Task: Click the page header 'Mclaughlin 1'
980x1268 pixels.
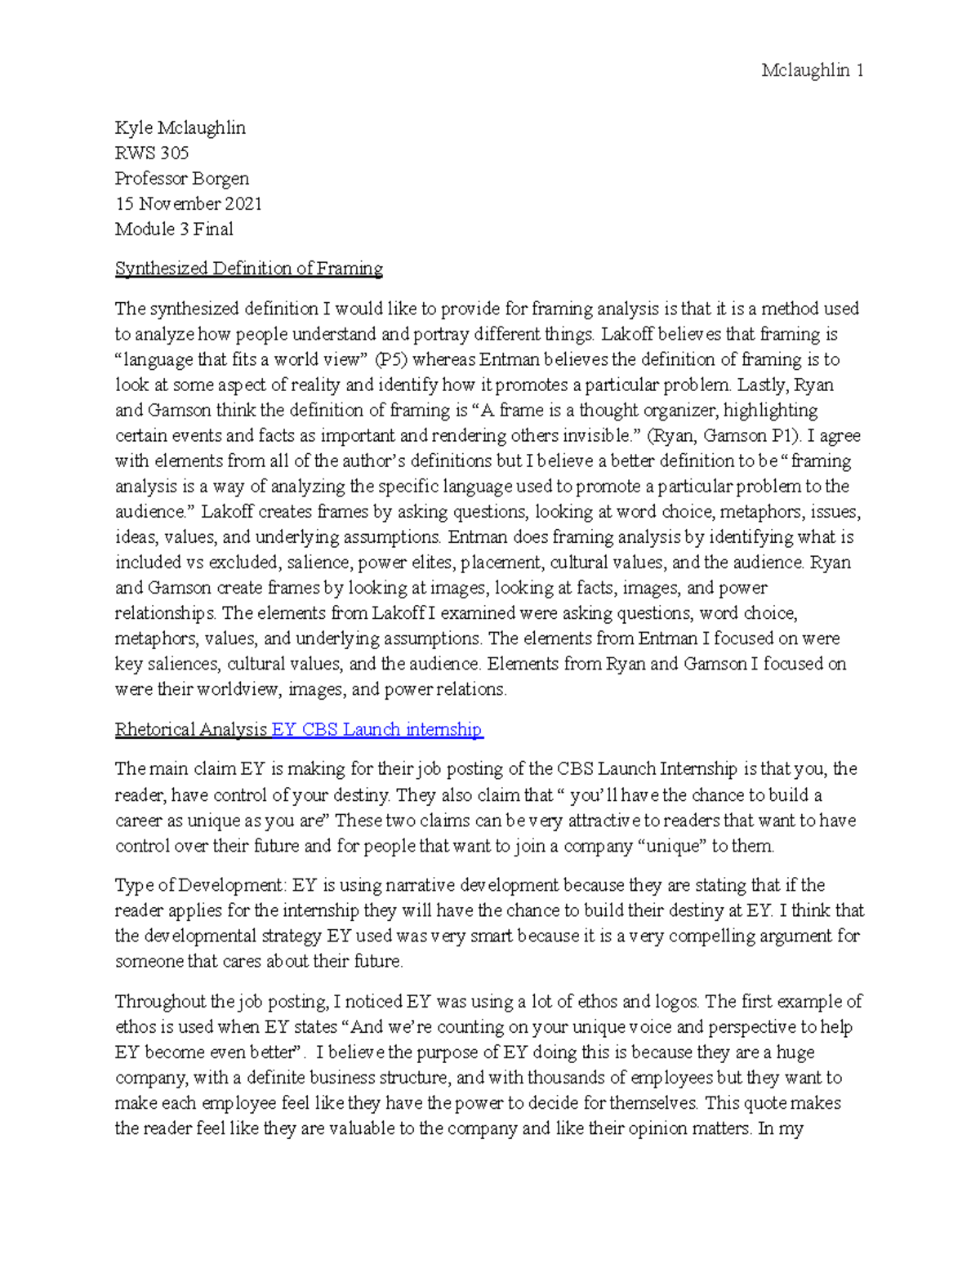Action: pos(812,70)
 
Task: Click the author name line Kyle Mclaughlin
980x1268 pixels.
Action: pos(180,127)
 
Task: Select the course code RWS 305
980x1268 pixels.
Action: pos(152,153)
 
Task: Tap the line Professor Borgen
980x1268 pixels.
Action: pos(181,178)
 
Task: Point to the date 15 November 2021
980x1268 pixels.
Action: pos(188,203)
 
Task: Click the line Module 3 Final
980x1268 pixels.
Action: pos(174,229)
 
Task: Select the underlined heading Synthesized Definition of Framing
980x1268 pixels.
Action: pos(248,269)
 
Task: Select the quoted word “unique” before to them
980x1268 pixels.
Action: pos(675,846)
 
